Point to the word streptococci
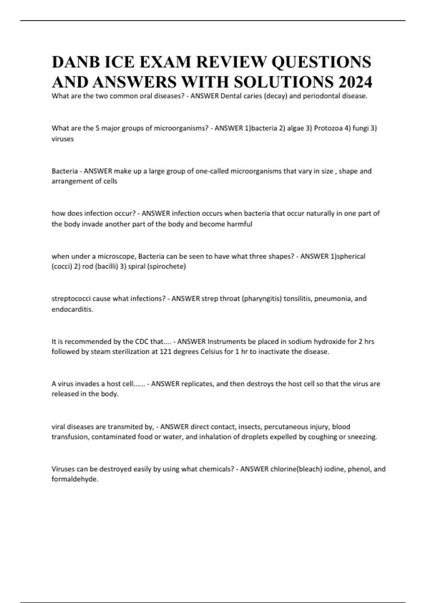(71, 299)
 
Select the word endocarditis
(72, 309)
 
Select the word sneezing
(362, 437)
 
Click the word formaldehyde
(75, 479)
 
